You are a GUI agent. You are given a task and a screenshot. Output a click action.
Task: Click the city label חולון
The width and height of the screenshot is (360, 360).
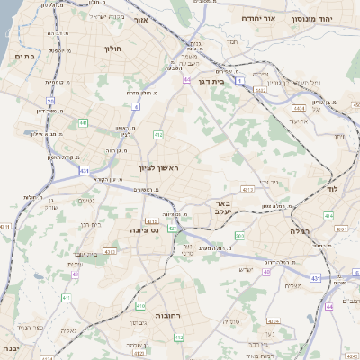coord(112,49)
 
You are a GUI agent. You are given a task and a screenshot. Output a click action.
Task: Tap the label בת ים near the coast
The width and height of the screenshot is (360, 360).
coord(24,57)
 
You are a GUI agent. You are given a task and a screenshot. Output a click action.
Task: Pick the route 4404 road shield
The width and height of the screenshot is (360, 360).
coord(298,109)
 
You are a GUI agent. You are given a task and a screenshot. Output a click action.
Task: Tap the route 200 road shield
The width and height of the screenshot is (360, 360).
coord(239,236)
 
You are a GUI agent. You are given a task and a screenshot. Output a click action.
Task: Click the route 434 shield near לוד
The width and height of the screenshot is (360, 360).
coord(328,216)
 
